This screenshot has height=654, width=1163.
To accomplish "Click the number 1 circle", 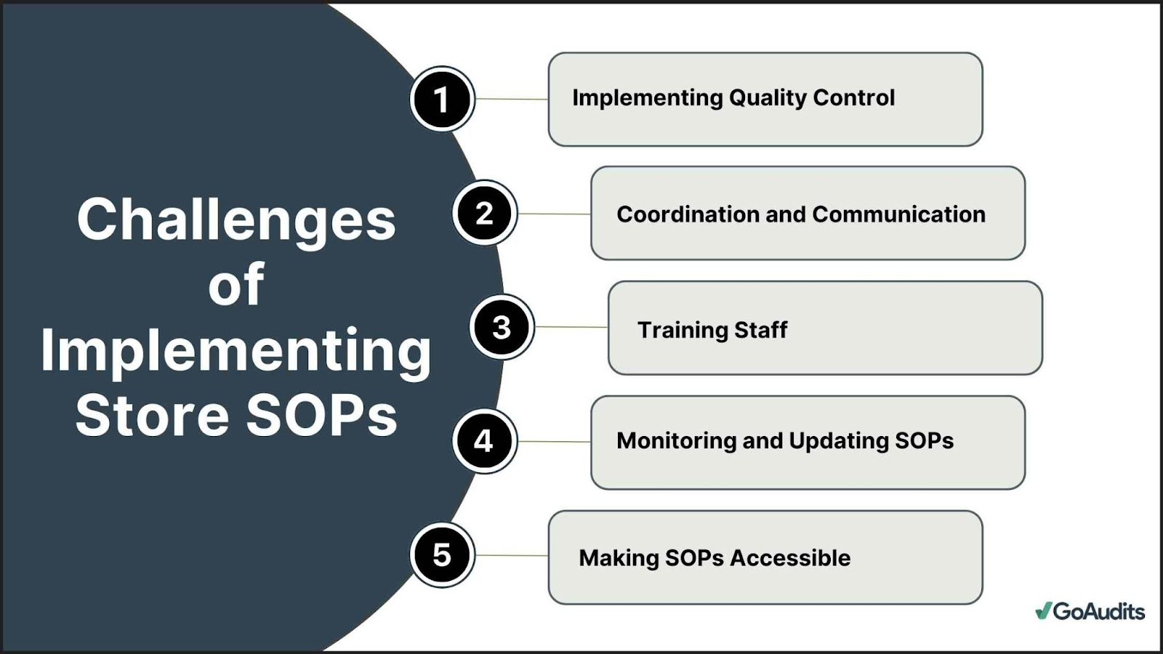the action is point(443,99).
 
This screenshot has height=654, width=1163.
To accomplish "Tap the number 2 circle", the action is point(485,213).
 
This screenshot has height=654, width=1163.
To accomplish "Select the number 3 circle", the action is point(502,327).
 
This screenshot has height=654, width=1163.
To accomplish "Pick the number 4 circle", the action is point(485,441).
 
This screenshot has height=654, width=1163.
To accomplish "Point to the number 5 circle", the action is point(443,555).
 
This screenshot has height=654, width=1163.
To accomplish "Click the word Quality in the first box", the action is point(768,99).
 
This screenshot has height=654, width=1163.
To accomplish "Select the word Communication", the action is point(898,214).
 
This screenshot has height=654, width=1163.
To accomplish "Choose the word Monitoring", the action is point(675,441).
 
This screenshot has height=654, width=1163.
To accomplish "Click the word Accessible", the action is point(790,558).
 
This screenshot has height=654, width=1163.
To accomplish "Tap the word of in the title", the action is point(236,283).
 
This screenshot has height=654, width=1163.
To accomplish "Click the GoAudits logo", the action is point(1090,611).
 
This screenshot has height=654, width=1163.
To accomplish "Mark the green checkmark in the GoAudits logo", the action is point(1043,610).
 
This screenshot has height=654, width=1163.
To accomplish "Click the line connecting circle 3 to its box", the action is point(571,327).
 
